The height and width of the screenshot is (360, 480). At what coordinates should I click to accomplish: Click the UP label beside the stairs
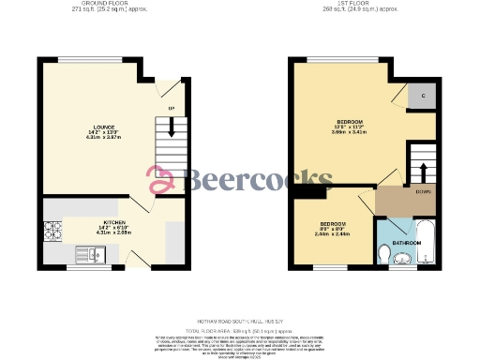(x=171, y=110)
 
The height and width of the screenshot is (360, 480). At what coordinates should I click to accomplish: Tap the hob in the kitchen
(x=51, y=242)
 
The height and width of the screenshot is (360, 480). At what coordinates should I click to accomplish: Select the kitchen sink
(x=91, y=252)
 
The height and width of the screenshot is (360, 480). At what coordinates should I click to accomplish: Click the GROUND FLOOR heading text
(x=104, y=5)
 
